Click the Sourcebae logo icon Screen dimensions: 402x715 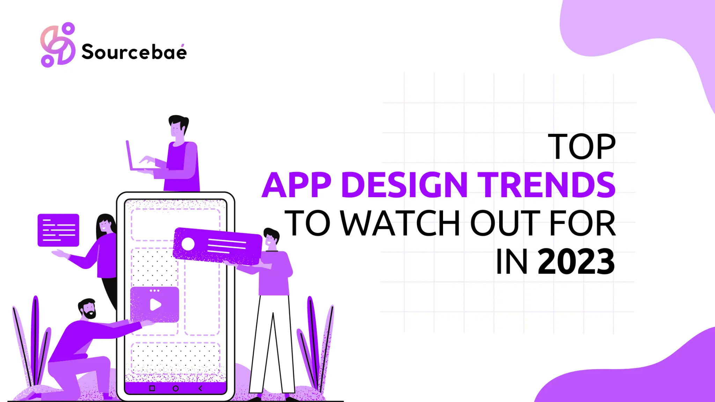click(58, 45)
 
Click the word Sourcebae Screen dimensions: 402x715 click(134, 52)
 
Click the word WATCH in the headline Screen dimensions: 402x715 click(400, 223)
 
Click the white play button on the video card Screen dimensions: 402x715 click(155, 305)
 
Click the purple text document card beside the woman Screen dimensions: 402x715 click(58, 230)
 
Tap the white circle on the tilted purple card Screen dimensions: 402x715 click(188, 244)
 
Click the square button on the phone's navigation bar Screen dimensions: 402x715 click(152, 388)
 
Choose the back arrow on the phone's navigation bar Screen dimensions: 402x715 click(200, 388)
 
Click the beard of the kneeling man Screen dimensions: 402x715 click(90, 315)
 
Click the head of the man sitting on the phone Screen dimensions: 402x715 click(178, 126)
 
